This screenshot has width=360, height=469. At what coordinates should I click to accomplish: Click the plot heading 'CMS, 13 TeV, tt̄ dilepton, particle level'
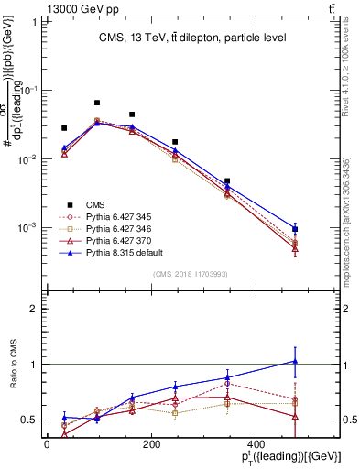tap(193, 38)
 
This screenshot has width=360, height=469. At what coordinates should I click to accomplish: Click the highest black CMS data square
tap(97, 103)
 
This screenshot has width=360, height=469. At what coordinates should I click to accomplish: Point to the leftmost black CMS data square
tap(64, 128)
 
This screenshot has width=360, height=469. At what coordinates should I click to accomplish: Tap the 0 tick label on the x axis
tap(47, 443)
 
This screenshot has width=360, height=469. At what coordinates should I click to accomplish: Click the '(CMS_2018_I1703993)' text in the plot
tap(191, 274)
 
